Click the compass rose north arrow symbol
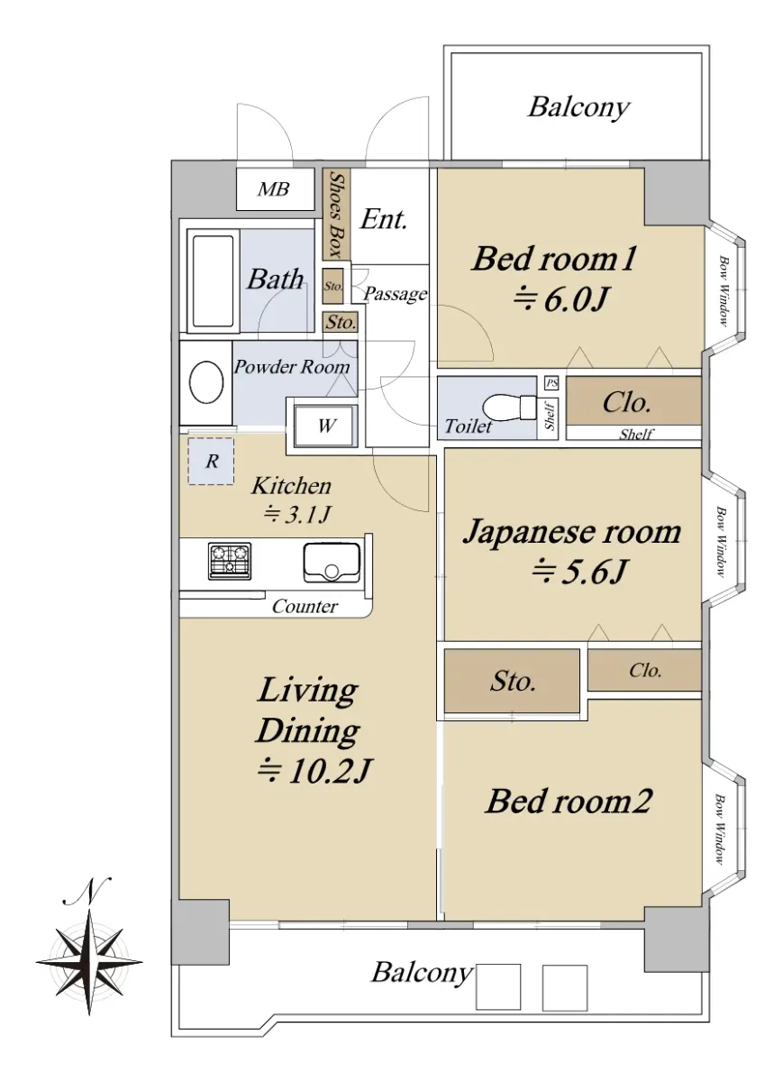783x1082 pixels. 89,960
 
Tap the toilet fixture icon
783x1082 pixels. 509,408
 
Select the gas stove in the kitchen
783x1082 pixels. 229,561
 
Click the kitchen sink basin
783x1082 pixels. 332,563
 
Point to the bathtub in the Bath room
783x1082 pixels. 213,280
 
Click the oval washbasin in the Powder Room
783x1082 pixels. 206,382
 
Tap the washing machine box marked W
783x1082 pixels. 326,426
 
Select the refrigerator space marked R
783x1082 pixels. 211,461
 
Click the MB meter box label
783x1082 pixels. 274,189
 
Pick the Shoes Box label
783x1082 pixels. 336,215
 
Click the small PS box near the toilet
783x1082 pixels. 551,383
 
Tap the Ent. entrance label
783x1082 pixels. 384,219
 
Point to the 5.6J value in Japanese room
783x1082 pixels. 579,571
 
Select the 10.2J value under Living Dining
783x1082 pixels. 314,770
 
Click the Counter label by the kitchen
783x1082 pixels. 305,606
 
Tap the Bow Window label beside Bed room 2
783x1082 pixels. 719,829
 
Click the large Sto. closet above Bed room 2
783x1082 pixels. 512,681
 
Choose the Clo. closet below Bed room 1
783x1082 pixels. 633,401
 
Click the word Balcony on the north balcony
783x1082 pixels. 578,108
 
